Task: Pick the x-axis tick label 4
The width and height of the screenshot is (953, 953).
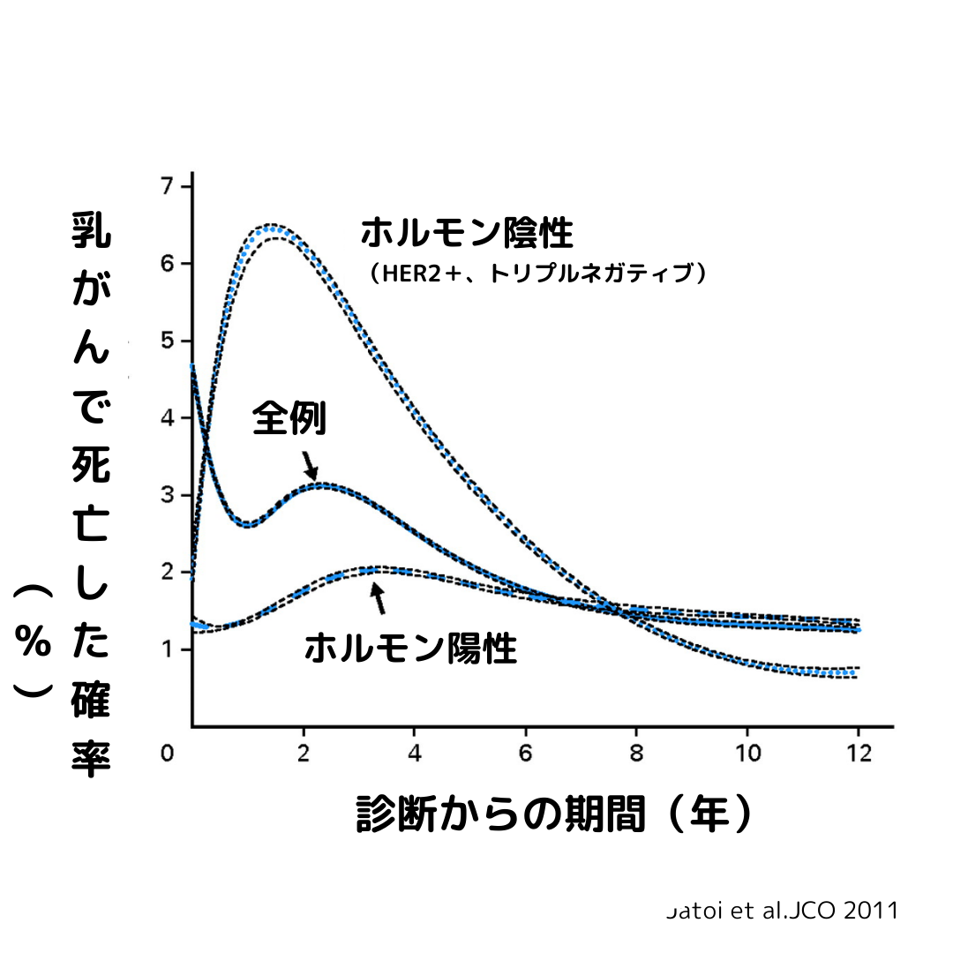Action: pos(415,755)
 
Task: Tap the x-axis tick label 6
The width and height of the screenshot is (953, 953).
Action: pos(526,755)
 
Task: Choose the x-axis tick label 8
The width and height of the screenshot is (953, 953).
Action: pos(637,755)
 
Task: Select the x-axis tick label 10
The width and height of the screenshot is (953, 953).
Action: pos(747,755)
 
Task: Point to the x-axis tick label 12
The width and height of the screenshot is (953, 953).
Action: pos(859,755)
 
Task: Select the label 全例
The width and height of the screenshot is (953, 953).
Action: pos(289,418)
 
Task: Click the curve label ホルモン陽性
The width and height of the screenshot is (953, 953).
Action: pos(410,649)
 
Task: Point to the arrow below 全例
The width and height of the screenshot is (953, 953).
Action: pos(309,465)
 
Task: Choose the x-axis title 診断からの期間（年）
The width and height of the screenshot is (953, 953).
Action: pos(555,814)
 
